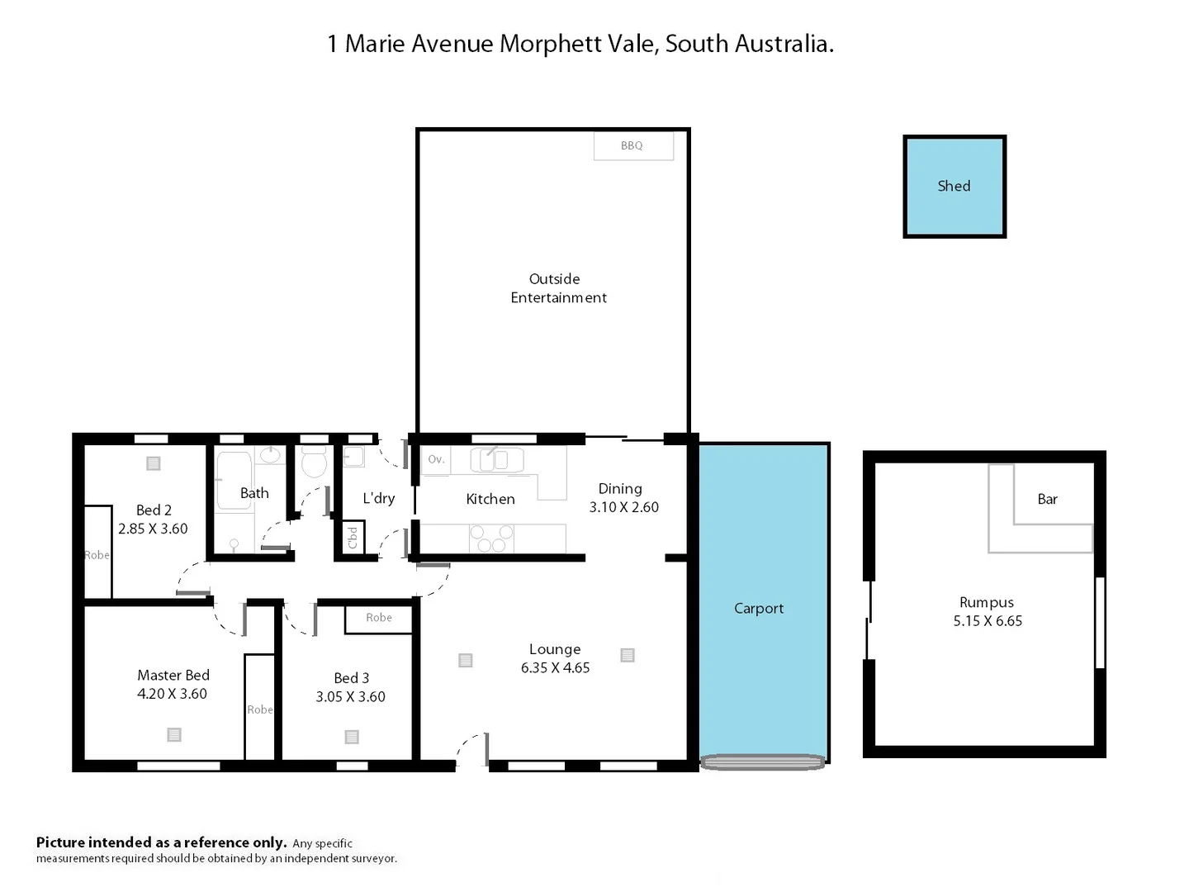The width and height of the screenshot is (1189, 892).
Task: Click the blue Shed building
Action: coord(954,187)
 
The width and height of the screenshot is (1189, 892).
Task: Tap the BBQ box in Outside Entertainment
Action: coord(632,146)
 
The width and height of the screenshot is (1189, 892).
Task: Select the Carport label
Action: coord(759,609)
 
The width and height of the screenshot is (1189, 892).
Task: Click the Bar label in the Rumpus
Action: coord(1047,499)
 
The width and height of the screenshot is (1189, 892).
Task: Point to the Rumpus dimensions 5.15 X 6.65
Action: coord(988,621)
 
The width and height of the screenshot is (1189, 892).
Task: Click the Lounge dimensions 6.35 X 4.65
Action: coord(555,668)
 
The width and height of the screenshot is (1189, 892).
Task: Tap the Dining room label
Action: coord(620,489)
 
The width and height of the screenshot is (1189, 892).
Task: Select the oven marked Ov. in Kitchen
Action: coord(436,459)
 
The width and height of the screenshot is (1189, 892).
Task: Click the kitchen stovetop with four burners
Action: coord(491,539)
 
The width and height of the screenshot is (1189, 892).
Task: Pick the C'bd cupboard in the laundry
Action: coord(353,538)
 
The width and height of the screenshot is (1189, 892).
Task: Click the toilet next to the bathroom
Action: coord(314,463)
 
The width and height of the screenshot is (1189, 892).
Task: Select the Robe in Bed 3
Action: coord(379,618)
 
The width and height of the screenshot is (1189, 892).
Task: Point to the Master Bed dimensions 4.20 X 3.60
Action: coord(172,695)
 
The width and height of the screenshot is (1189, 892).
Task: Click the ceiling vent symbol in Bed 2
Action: coord(154,463)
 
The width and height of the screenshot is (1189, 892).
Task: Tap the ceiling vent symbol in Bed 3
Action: coord(352,737)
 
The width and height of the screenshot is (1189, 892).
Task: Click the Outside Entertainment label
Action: coord(557,288)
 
